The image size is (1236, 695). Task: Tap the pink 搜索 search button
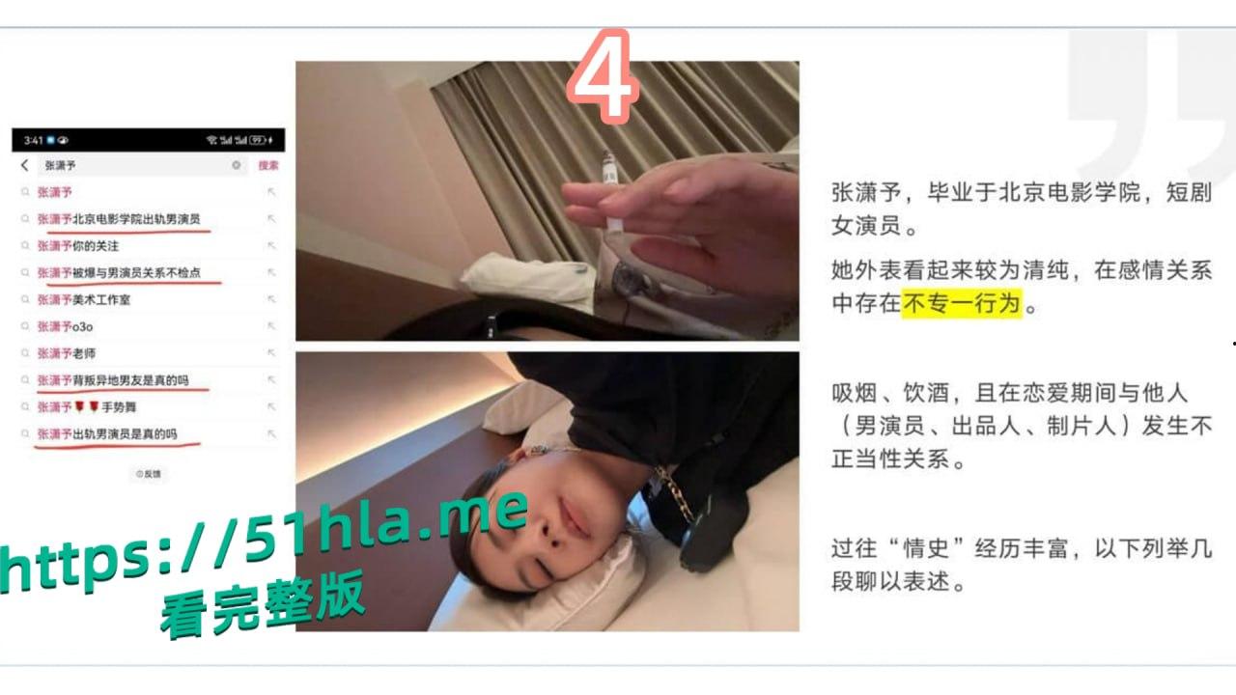click(x=267, y=166)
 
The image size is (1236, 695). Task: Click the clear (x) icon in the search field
click(x=236, y=166)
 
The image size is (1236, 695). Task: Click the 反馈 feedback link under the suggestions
click(x=149, y=474)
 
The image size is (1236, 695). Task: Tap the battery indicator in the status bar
click(x=258, y=140)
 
